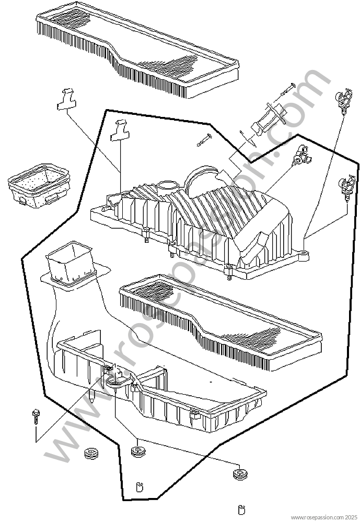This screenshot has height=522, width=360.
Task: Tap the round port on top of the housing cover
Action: (166, 185)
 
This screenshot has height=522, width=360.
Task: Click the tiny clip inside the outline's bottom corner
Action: (140, 487)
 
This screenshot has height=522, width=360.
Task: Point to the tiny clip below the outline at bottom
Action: (242, 509)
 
